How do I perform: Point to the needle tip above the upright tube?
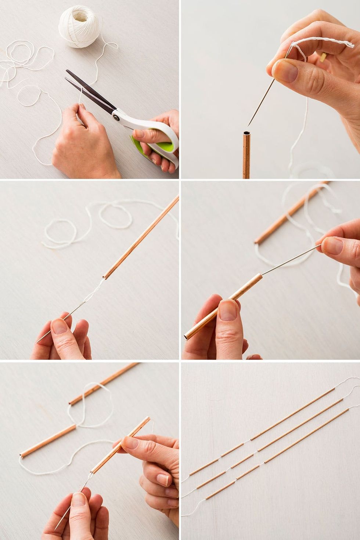coord(250,123)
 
